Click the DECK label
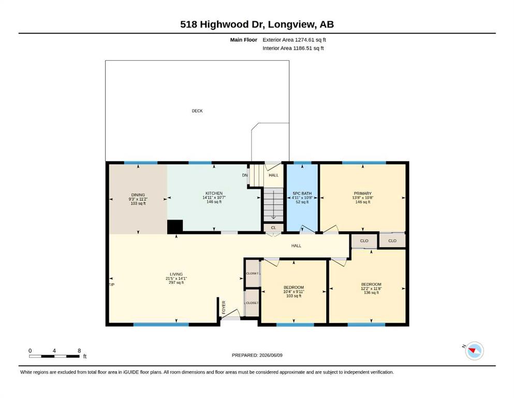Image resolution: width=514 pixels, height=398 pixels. (197, 111)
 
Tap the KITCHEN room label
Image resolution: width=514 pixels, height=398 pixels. (214, 193)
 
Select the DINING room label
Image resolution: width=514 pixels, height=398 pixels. (138, 195)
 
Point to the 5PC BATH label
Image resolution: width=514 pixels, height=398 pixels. (302, 194)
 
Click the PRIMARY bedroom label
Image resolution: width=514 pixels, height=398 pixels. (362, 194)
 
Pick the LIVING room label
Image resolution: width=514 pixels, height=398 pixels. (176, 274)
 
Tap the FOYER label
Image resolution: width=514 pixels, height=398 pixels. (224, 307)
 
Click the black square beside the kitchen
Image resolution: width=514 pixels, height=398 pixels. (175, 227)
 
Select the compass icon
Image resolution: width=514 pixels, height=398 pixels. (474, 351)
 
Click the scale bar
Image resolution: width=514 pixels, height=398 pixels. (54, 357)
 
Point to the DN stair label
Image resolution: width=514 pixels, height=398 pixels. (245, 175)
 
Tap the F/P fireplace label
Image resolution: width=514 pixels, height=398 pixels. (112, 285)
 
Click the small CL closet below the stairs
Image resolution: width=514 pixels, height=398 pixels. (273, 228)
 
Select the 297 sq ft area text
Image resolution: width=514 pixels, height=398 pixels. (176, 282)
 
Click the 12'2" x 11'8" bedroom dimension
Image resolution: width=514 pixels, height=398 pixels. (371, 289)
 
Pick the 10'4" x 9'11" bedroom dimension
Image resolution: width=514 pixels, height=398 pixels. (293, 292)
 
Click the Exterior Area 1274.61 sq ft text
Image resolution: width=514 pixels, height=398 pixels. (294, 40)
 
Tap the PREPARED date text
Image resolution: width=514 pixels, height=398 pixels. (257, 356)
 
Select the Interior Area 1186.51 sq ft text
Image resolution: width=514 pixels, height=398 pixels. (293, 48)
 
